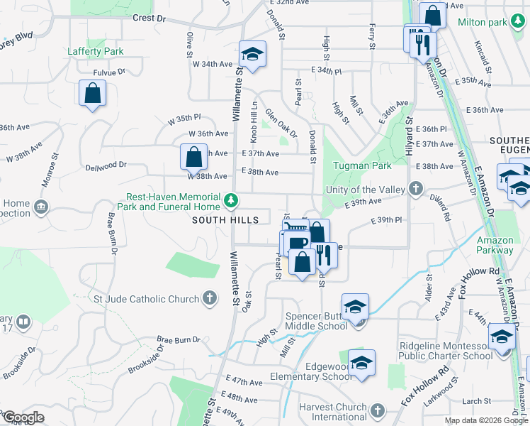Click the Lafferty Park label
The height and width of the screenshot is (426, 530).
96,51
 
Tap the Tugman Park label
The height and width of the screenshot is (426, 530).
362,165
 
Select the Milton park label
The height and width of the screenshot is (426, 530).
482,23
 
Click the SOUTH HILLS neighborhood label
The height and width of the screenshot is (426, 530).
225,220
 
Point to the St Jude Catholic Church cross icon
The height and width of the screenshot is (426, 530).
210,299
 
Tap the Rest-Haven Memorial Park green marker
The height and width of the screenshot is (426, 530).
230,202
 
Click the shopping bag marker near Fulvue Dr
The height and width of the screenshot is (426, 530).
92,94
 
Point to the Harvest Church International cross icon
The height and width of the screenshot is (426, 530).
378,412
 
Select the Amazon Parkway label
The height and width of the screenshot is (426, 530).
495,245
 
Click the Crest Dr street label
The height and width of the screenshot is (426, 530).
148,18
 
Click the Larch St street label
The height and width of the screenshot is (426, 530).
471,401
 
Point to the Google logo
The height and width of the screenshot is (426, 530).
23,417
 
